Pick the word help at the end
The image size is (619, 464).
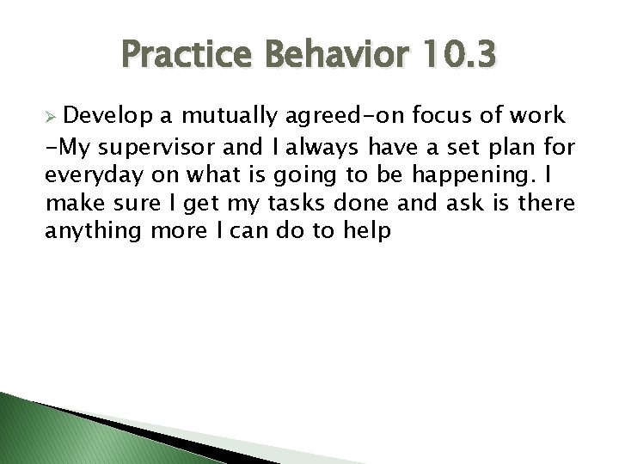pyautogui.click(x=367, y=232)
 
